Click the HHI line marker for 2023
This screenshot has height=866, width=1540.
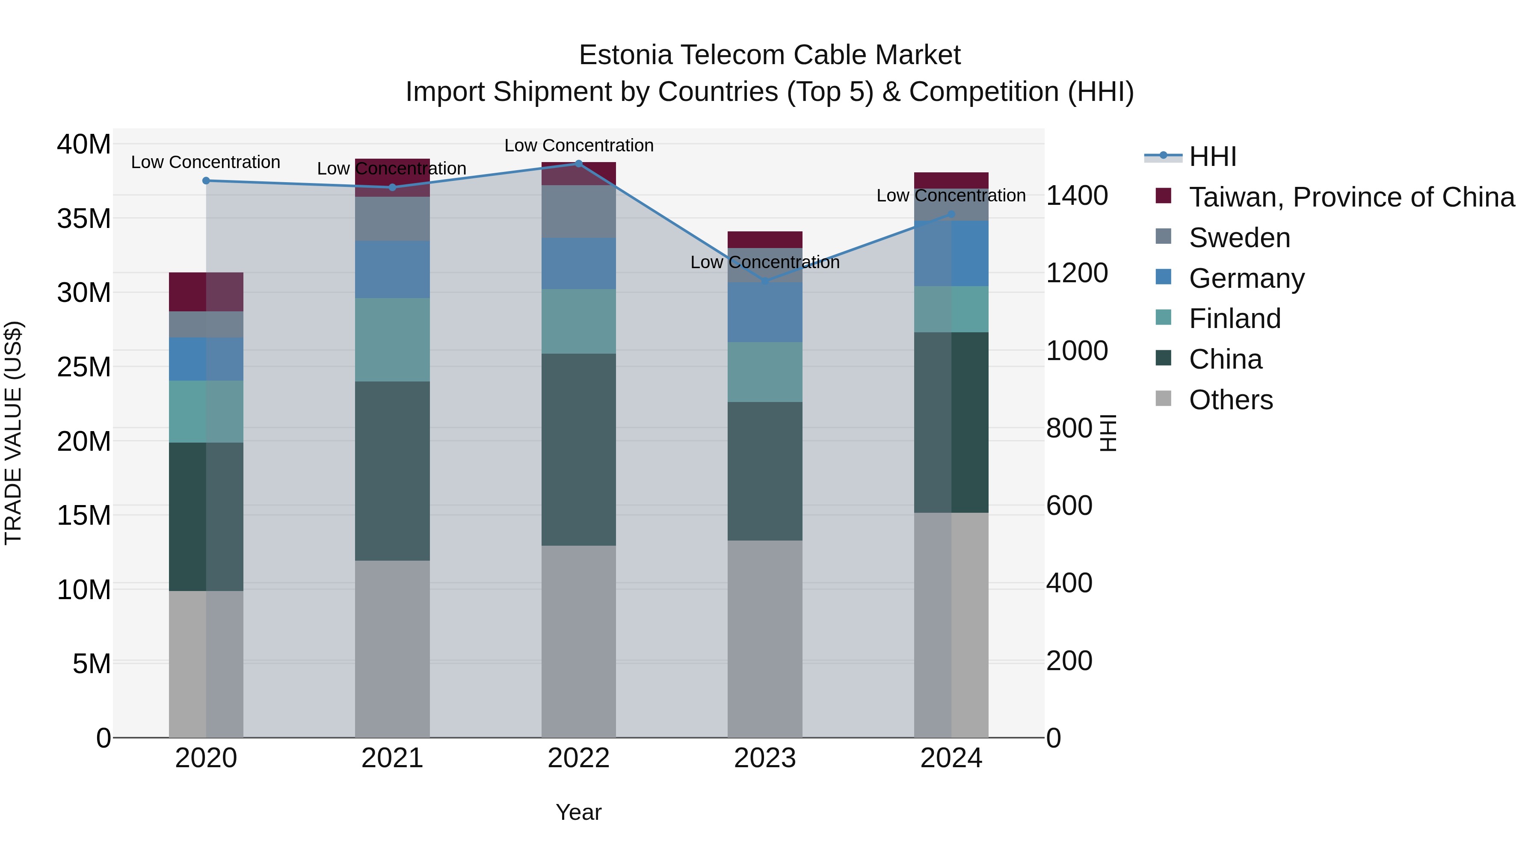[764, 281]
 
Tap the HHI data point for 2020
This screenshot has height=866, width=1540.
[206, 180]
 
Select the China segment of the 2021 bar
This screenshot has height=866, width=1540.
[392, 471]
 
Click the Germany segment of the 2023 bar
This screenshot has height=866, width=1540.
[764, 312]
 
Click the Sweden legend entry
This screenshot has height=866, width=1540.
[1239, 238]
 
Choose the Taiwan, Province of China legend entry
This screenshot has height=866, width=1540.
[1351, 197]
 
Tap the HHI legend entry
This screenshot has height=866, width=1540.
[1212, 157]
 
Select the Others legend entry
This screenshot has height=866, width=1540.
[1230, 400]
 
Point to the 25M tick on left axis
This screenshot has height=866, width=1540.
[84, 367]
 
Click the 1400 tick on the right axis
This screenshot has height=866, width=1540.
[1077, 195]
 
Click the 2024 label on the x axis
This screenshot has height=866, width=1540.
[951, 758]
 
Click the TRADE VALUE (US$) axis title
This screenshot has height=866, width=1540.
[13, 433]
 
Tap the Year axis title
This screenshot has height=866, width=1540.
[578, 812]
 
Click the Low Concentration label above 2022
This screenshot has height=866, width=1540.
[579, 145]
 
